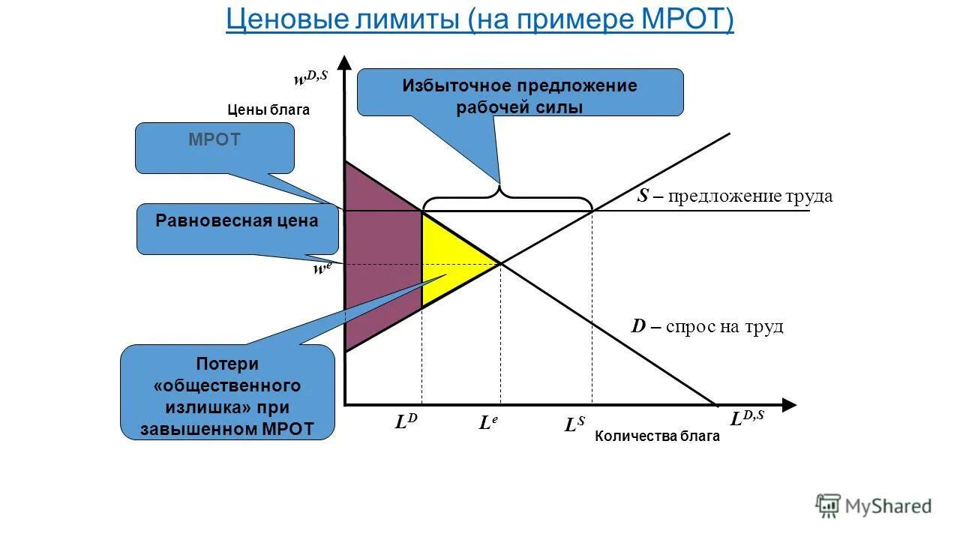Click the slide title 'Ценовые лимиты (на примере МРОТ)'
click(480, 20)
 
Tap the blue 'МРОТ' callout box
click(214, 148)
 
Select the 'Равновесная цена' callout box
click(237, 229)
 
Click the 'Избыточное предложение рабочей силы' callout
click(520, 92)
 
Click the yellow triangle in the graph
click(450, 259)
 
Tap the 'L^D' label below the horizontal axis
click(406, 422)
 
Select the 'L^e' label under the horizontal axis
click(487, 423)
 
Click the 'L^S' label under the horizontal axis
click(574, 425)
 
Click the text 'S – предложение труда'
click(734, 196)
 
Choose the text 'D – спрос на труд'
click(706, 326)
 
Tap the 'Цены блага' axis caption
click(268, 109)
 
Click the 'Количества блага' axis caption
click(657, 436)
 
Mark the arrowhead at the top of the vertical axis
click(344, 61)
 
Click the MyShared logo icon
click(828, 505)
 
